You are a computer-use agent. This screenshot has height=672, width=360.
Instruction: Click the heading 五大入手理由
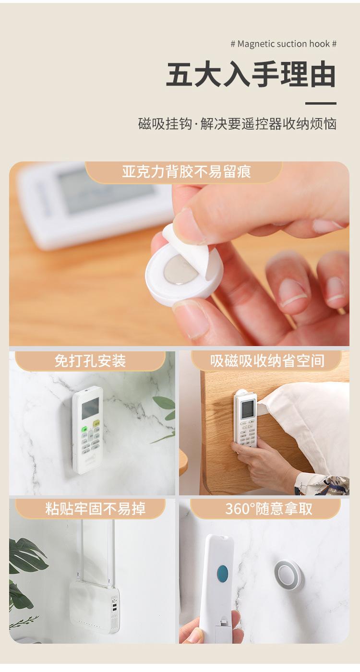[x=251, y=75]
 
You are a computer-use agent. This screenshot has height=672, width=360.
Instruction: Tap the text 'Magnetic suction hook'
[x=284, y=44]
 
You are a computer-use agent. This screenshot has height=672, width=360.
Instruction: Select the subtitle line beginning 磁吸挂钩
[x=237, y=124]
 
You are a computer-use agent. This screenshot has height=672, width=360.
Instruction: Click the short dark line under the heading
[x=321, y=103]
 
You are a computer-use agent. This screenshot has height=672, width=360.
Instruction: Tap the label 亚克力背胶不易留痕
[x=186, y=172]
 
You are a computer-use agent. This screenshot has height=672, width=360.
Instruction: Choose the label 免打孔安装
[x=90, y=360]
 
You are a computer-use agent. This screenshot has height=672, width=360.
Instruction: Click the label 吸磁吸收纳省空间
[x=267, y=360]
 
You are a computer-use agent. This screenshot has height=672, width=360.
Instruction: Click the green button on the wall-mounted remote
[x=85, y=430]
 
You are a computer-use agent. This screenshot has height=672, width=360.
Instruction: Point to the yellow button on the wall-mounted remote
[x=96, y=424]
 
